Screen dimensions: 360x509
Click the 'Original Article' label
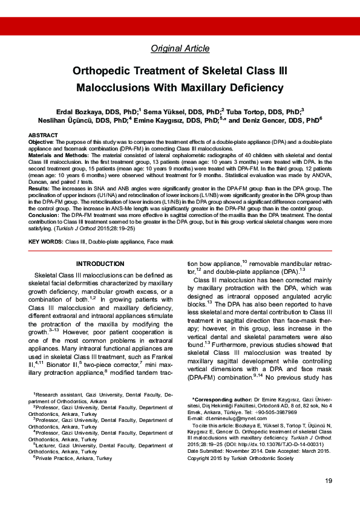click(x=179, y=48)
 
